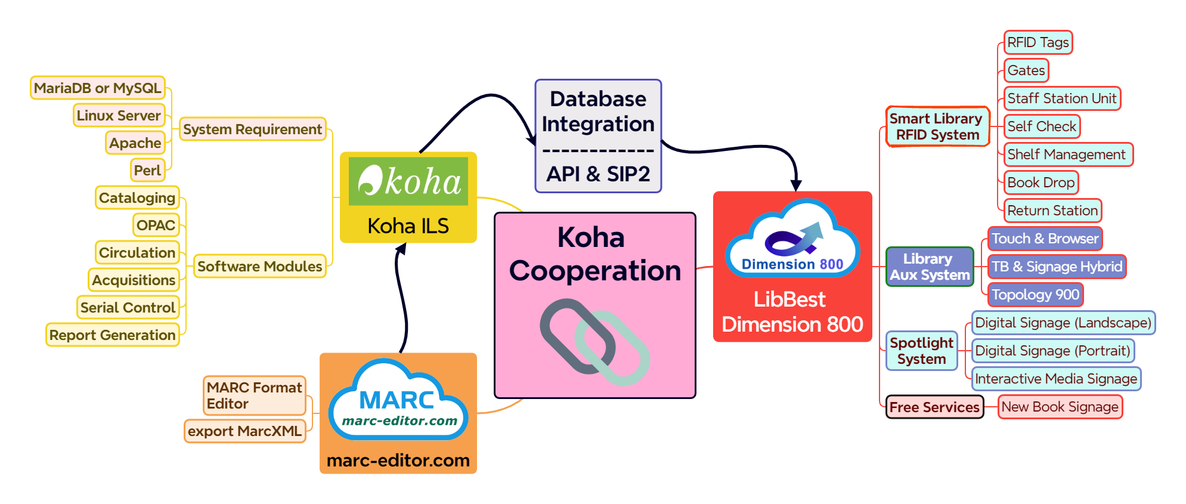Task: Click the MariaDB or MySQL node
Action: pyautogui.click(x=98, y=88)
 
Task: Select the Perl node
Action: pyautogui.click(x=147, y=171)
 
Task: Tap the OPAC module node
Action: pyautogui.click(x=156, y=225)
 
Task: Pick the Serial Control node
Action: pyautogui.click(x=128, y=308)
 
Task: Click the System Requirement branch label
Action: pyautogui.click(x=252, y=129)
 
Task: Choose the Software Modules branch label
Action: pyautogui.click(x=259, y=267)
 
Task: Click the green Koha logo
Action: pyautogui.click(x=408, y=181)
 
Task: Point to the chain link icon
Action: pyautogui.click(x=594, y=342)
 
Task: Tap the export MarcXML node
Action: pyautogui.click(x=244, y=431)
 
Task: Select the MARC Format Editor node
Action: pyautogui.click(x=254, y=395)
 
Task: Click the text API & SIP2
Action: pyautogui.click(x=598, y=174)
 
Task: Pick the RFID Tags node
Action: pyautogui.click(x=1038, y=42)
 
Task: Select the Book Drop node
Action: pyautogui.click(x=1041, y=183)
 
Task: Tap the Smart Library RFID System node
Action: pyautogui.click(x=937, y=126)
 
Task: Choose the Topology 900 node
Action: pyautogui.click(x=1035, y=295)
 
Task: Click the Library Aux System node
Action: pyautogui.click(x=929, y=267)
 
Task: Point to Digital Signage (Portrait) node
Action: pyautogui.click(x=1052, y=351)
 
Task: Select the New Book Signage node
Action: pyautogui.click(x=1060, y=407)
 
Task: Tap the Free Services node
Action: pyautogui.click(x=934, y=407)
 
